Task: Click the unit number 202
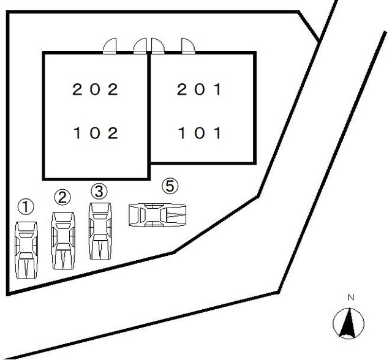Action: (95, 89)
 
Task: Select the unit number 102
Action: (95, 133)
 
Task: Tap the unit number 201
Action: (199, 89)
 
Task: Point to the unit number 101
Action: (199, 133)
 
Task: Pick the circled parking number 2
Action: (62, 197)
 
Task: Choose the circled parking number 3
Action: (100, 190)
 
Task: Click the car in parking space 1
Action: (26, 250)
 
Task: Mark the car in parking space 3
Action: (100, 231)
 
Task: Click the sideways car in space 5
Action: (158, 215)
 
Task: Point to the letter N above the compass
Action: (351, 297)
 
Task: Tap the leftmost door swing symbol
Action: (110, 47)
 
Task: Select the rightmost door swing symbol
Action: (187, 47)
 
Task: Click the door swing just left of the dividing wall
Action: (141, 47)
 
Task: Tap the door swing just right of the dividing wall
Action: (157, 47)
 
